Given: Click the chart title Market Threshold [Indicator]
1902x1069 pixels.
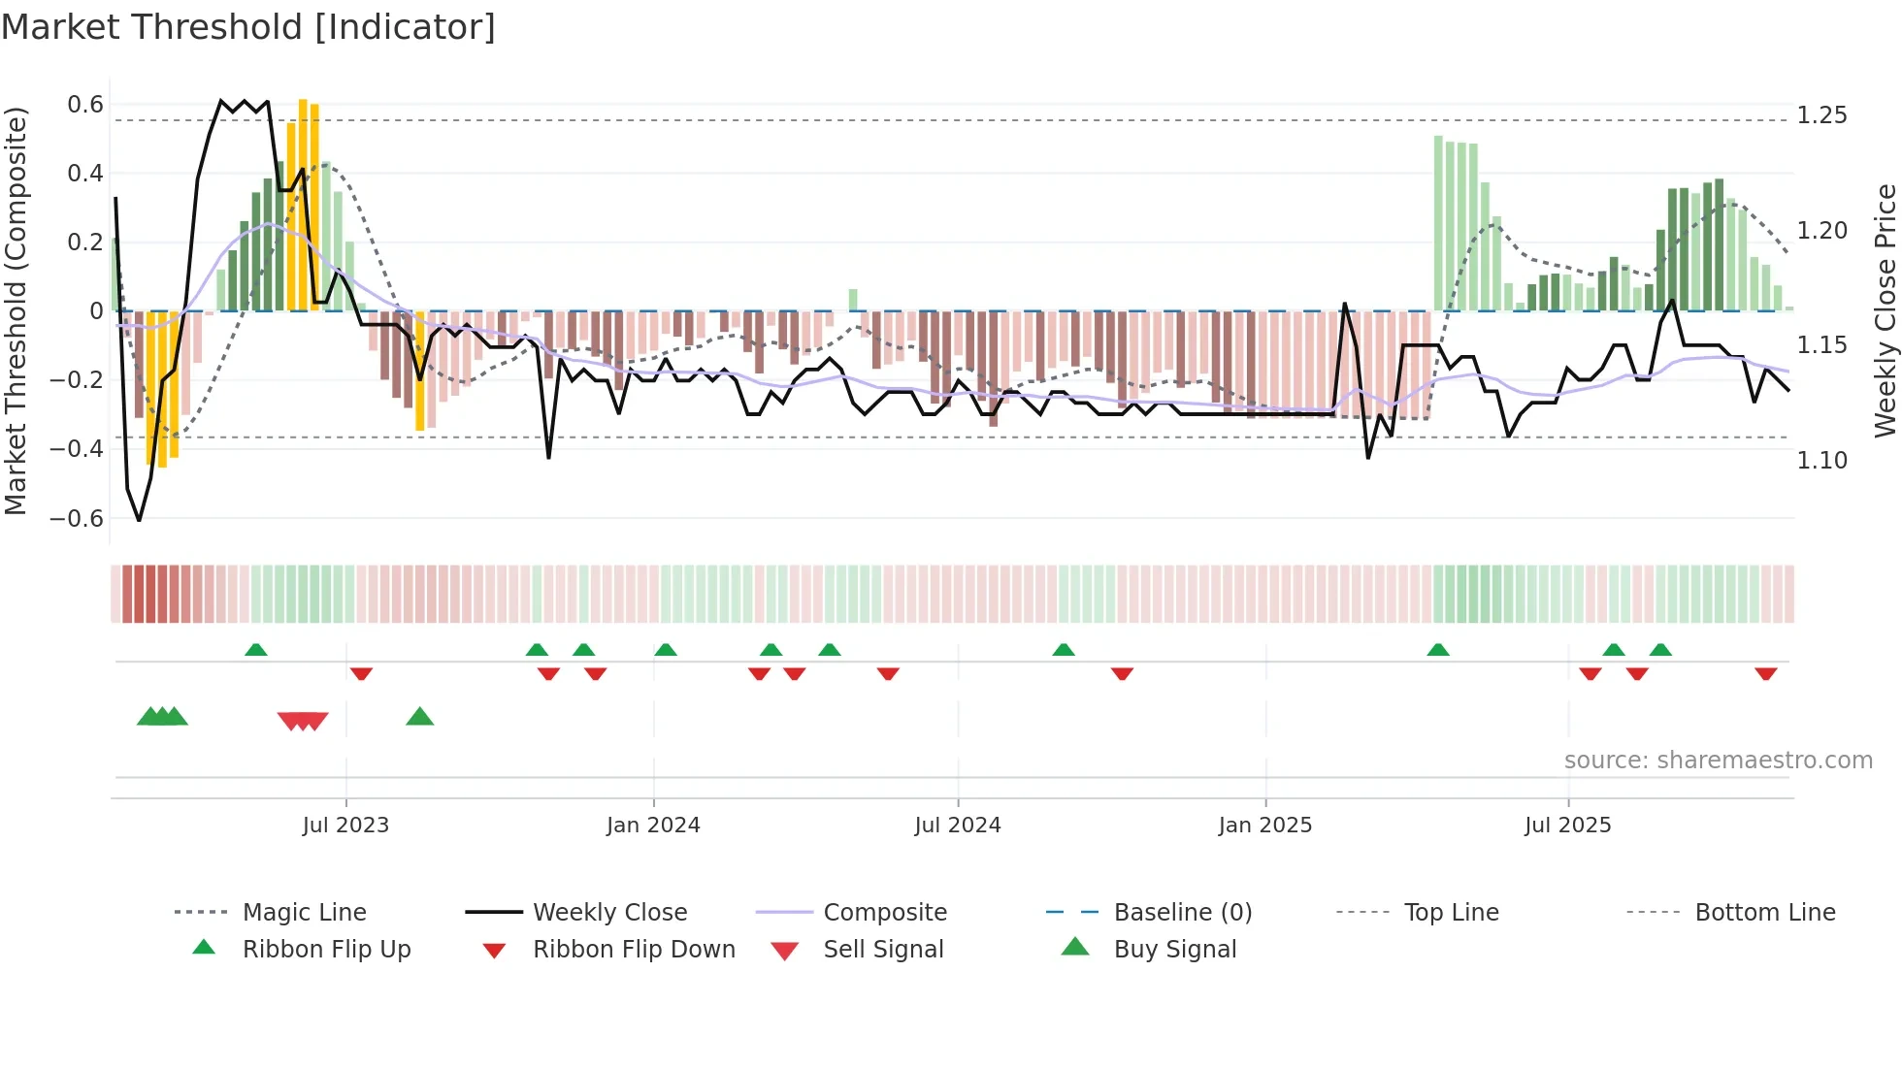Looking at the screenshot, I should coord(248,27).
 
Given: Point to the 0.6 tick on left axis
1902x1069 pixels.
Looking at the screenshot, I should coord(85,105).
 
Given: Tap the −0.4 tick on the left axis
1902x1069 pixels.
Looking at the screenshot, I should coord(78,449).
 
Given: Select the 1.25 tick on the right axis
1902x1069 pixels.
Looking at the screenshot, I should coord(1821,115).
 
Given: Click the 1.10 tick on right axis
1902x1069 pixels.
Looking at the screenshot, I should coord(1821,461).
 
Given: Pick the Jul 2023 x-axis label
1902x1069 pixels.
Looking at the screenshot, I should coord(345,826).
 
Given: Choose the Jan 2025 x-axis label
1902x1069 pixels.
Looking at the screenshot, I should coord(1264,826).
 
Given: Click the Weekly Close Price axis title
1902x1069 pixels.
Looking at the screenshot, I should coord(1885,310).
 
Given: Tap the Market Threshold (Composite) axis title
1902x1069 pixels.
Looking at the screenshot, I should coord(16,310).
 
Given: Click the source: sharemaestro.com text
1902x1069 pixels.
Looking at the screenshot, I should coord(1718,761).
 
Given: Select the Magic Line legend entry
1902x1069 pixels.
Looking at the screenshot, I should coord(304,913).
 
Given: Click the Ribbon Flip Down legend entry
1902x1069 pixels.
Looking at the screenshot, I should coord(634,950).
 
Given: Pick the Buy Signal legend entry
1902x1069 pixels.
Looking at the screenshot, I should coord(1174,950).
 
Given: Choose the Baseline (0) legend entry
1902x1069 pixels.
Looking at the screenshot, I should coord(1182,913).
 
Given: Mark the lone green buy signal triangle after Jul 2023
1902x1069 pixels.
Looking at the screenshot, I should coord(419,717).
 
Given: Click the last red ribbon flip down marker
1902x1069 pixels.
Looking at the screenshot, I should coord(1765,673).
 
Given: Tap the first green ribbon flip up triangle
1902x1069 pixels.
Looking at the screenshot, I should coord(255,650).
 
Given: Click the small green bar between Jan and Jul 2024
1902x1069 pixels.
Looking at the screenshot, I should coord(853,300).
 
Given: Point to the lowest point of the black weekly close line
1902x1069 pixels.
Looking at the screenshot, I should coord(139,521).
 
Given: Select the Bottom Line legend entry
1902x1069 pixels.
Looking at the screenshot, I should coord(1764,913).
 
